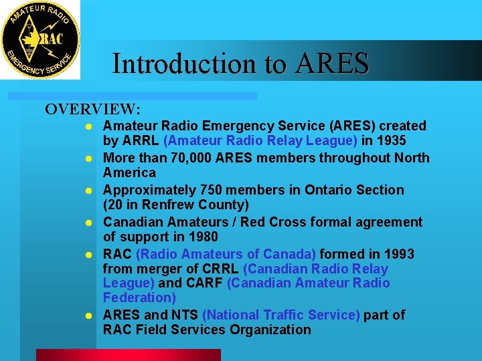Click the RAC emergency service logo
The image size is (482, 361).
coord(40,40)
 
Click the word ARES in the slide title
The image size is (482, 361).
coord(333,64)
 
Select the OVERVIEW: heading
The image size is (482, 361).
coord(92,109)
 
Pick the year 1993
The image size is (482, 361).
coord(398,254)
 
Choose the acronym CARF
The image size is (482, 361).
coord(204,283)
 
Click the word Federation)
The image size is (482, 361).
coord(139,297)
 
